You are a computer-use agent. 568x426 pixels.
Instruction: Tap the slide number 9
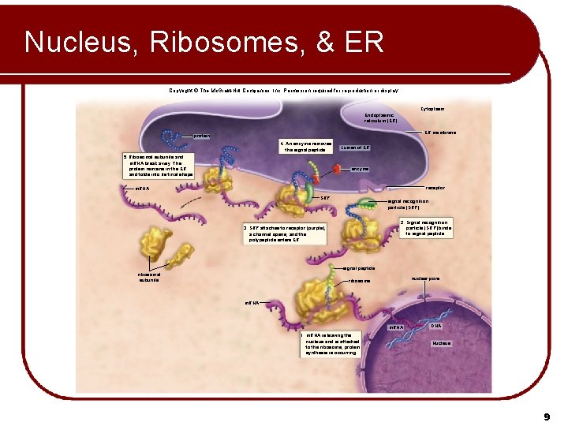[546, 415]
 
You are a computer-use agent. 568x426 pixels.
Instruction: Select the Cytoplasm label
[432, 109]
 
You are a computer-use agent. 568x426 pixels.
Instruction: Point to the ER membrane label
[439, 133]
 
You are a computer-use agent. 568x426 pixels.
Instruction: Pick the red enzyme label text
[359, 169]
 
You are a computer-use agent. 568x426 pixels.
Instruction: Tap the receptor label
[435, 188]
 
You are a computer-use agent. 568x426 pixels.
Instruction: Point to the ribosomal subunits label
[148, 277]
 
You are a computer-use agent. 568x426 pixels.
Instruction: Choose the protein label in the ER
[202, 136]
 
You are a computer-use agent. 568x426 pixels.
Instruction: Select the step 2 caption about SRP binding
[426, 228]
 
